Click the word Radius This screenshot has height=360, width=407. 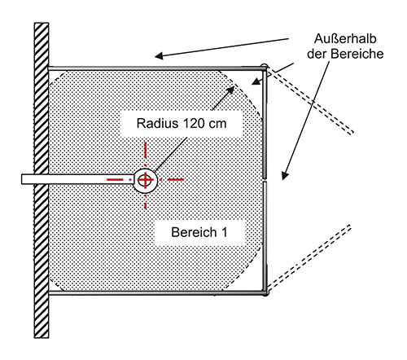(x=157, y=124)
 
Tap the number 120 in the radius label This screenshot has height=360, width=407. (x=193, y=124)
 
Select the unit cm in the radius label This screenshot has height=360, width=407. (x=217, y=125)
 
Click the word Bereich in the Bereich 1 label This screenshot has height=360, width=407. (x=194, y=232)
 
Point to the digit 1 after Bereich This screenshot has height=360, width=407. (x=225, y=232)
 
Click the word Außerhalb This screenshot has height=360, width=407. (x=345, y=39)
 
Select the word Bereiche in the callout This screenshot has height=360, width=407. (x=357, y=54)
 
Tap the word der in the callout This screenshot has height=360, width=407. (x=317, y=54)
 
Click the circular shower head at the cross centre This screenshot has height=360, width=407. (x=146, y=180)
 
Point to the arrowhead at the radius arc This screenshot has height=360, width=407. (x=231, y=90)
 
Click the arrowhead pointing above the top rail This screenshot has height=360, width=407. (x=159, y=56)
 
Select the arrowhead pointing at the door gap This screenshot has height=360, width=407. (x=284, y=176)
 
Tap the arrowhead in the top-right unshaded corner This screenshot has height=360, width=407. (x=255, y=81)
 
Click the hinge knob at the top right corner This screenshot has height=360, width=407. (x=264, y=67)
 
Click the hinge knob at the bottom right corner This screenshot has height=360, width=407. (x=265, y=292)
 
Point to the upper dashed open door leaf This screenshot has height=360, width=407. (x=310, y=100)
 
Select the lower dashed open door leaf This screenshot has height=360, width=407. (x=309, y=257)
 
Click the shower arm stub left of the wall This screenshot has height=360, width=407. (x=28, y=179)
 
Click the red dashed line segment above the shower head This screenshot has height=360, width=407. (x=146, y=154)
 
